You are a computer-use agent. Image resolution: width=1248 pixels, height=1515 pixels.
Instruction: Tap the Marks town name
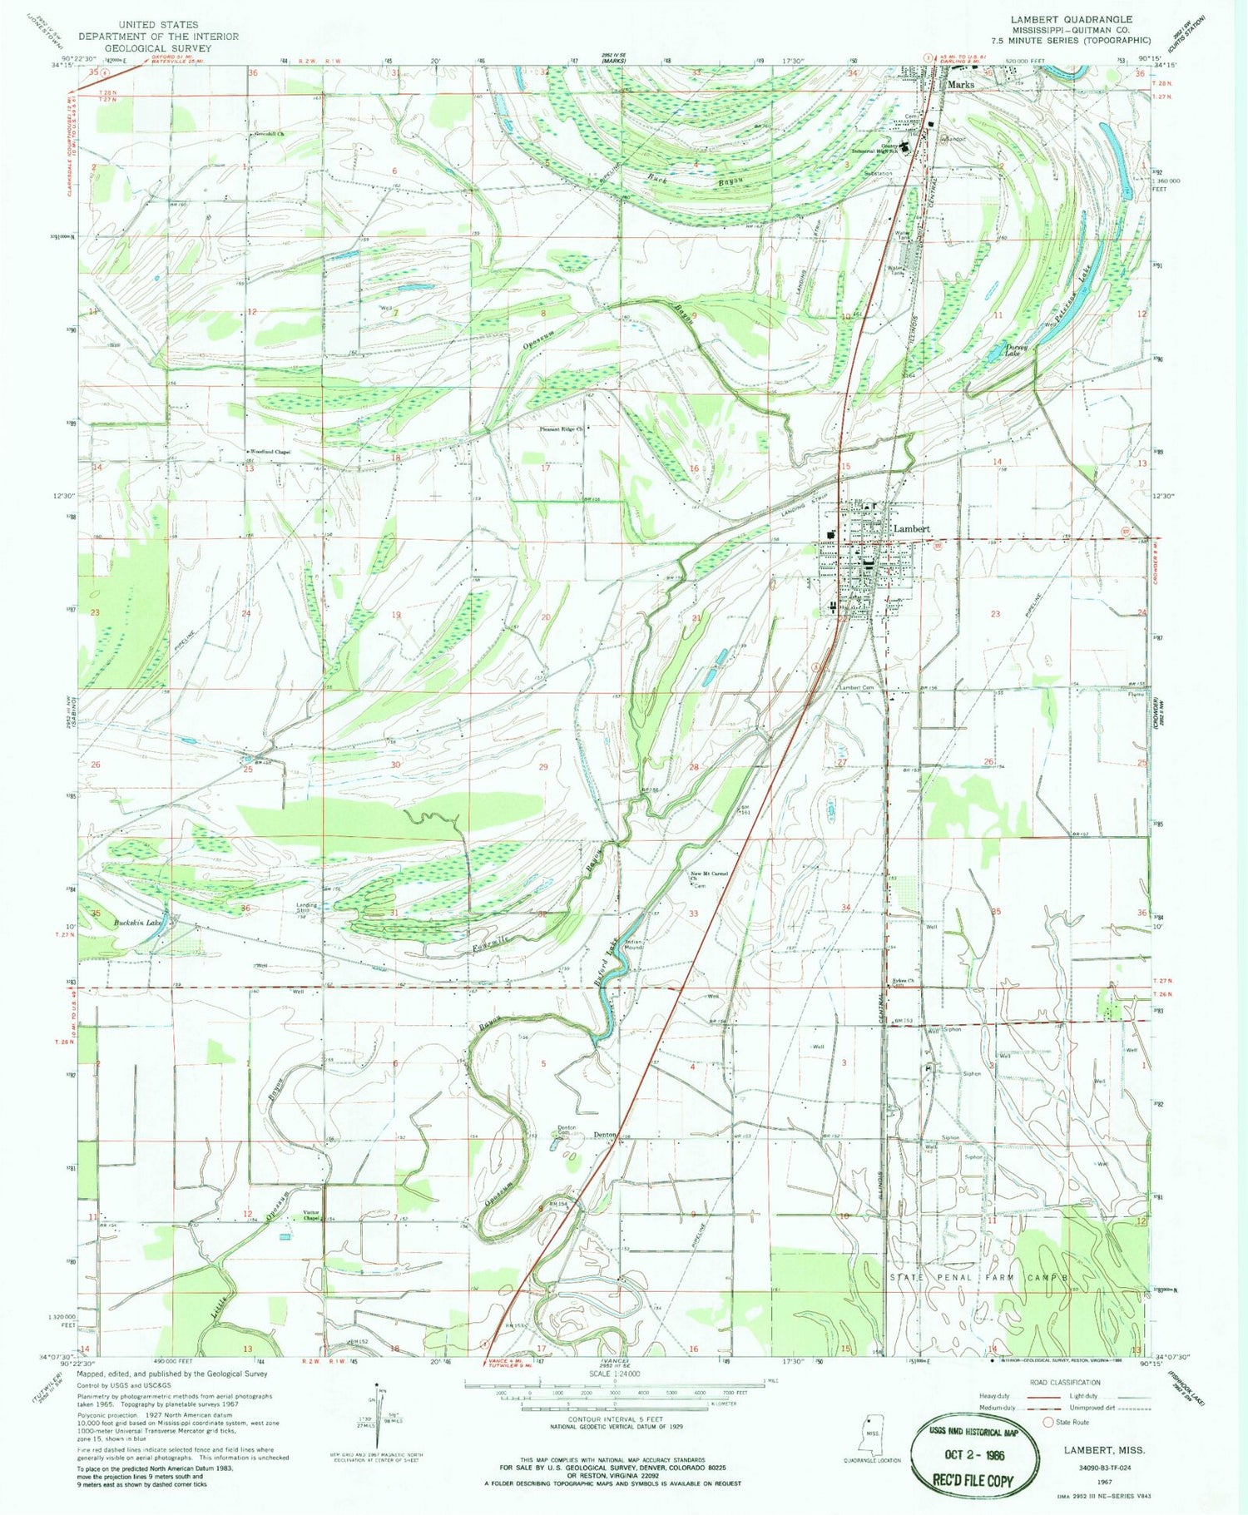coord(960,84)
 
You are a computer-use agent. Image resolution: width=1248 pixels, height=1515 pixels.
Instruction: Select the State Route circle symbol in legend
coord(1047,1422)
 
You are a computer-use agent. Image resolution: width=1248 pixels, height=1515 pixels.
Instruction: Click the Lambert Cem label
coord(856,688)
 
